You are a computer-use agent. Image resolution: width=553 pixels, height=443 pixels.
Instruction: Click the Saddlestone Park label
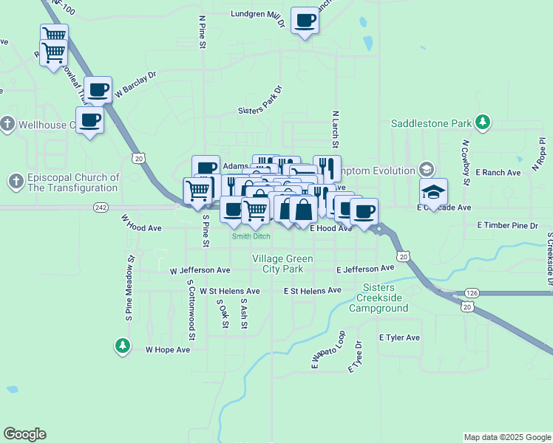click(430, 122)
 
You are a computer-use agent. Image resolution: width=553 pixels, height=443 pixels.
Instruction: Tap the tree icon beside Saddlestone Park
click(483, 122)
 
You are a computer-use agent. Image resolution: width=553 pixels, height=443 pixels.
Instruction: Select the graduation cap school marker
click(433, 193)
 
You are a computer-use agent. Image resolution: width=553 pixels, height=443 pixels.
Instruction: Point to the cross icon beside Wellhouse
click(7, 124)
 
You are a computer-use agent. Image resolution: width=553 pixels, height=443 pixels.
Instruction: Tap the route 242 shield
click(102, 208)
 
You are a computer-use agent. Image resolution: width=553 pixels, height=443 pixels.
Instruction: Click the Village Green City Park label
click(282, 264)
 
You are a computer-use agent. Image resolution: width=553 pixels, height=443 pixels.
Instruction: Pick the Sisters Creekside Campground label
click(378, 297)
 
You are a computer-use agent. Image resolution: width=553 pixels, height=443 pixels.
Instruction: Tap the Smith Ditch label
click(251, 237)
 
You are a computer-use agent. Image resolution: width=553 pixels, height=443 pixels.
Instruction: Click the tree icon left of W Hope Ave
click(122, 346)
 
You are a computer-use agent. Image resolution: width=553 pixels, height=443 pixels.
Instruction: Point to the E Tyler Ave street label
click(399, 337)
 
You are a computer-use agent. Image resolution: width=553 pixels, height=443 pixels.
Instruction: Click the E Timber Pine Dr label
click(507, 224)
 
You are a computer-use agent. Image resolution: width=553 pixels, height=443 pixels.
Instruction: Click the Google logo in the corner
click(24, 434)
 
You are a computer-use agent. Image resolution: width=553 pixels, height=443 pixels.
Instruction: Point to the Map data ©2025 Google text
click(506, 437)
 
